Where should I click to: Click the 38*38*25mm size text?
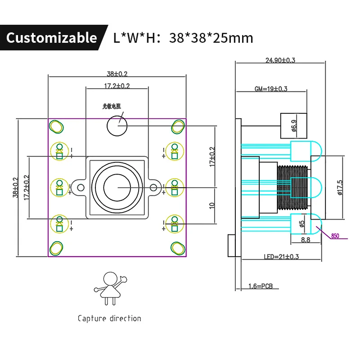[211, 38]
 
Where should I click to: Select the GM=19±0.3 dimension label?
[271, 89]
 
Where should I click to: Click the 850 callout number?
[335, 236]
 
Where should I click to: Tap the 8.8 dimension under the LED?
[305, 240]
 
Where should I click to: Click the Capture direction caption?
[109, 318]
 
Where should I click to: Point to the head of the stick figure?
[110, 278]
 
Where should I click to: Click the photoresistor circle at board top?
[117, 125]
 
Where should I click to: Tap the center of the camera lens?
[117, 187]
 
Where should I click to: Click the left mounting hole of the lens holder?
[81, 187]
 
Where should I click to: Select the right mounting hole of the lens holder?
[154, 187]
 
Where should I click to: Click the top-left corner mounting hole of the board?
[56, 127]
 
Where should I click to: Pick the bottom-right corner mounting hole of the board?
[178, 247]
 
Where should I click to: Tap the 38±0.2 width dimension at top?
[117, 74]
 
